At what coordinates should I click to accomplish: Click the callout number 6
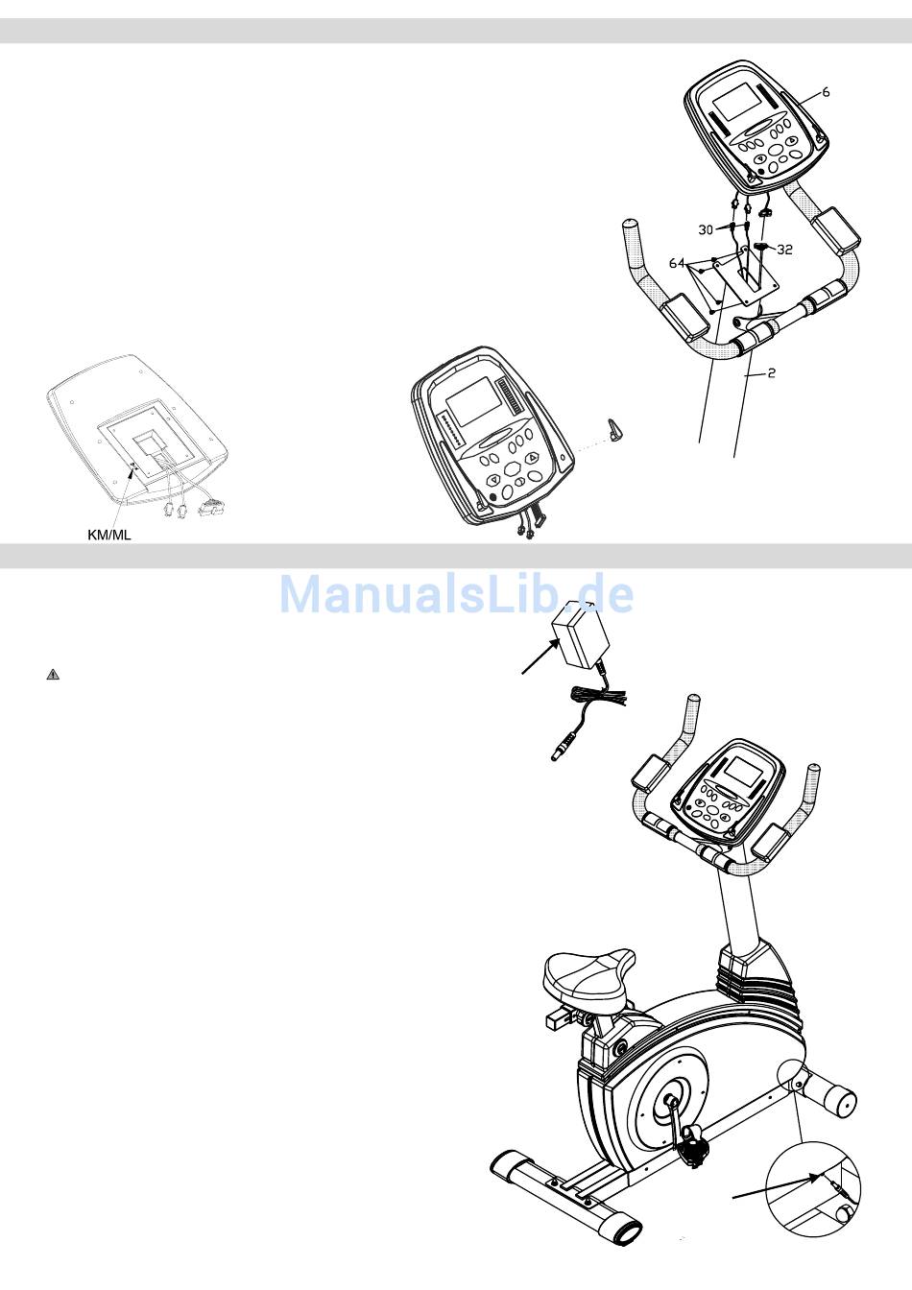826,93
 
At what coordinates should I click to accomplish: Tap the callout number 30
706,230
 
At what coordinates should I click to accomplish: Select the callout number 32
784,250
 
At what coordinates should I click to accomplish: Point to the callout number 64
677,263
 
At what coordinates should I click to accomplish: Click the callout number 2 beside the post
771,373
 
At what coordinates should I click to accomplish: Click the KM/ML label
108,535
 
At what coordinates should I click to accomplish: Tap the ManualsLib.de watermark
456,594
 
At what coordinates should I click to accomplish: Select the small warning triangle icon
53,675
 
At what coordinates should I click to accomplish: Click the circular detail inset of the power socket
814,1188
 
